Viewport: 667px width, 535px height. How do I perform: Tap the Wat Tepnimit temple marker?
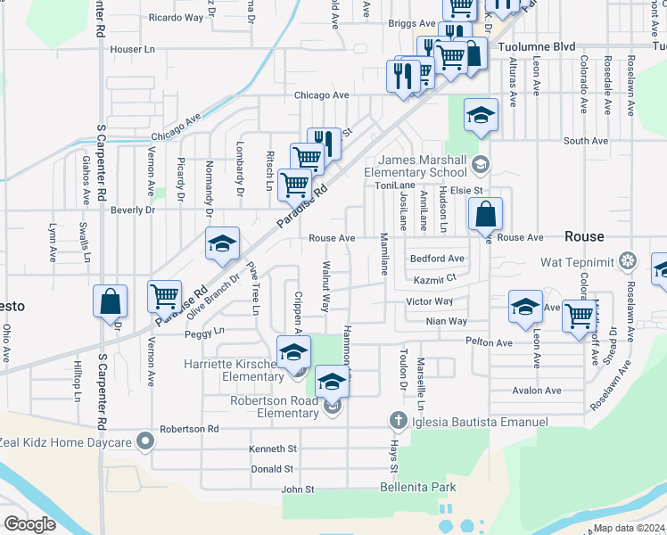[x=629, y=262]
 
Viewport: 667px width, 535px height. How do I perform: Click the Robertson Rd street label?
[x=189, y=429]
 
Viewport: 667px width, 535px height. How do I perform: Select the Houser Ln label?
[x=133, y=49]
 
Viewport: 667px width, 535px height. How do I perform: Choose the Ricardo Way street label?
[x=177, y=17]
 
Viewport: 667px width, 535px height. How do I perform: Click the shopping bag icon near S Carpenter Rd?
[x=110, y=300]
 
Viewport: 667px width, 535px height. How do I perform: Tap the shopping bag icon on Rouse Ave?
[x=487, y=214]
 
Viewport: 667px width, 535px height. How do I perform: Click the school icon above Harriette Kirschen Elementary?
[x=293, y=352]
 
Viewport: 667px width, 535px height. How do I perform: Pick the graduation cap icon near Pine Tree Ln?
[x=222, y=243]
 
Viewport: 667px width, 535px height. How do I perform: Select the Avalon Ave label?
[x=536, y=391]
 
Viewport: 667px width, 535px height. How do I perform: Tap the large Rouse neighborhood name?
[x=584, y=236]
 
